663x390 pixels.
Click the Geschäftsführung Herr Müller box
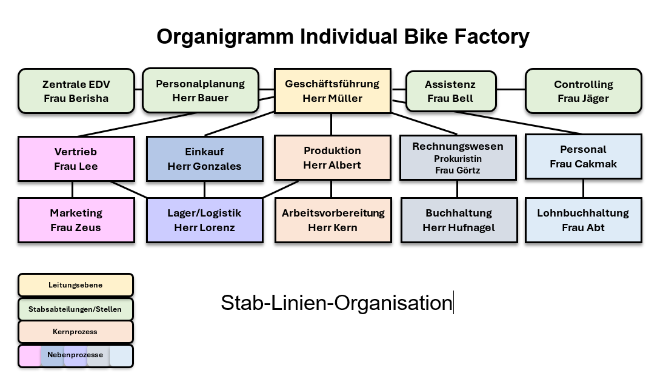click(332, 91)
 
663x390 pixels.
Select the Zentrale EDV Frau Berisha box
click(76, 91)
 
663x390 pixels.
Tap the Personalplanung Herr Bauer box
click(200, 90)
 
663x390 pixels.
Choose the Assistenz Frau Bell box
click(450, 91)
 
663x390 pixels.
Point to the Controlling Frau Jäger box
click(583, 91)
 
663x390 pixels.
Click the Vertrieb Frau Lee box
click(76, 159)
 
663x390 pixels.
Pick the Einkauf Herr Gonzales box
click(205, 159)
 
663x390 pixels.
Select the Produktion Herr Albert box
click(332, 158)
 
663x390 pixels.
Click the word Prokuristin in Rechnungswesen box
click(458, 159)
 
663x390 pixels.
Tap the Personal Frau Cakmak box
click(583, 156)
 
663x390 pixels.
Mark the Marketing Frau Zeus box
click(76, 220)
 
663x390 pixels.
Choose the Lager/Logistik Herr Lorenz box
click(205, 220)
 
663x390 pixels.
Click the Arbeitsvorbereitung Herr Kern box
click(333, 220)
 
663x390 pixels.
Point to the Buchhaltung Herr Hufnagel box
click(459, 220)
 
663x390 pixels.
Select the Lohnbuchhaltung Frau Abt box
click(583, 220)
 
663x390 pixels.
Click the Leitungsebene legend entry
click(76, 285)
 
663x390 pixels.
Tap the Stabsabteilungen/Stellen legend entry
click(76, 309)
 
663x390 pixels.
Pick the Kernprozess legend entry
click(76, 332)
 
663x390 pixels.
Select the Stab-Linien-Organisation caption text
click(336, 303)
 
